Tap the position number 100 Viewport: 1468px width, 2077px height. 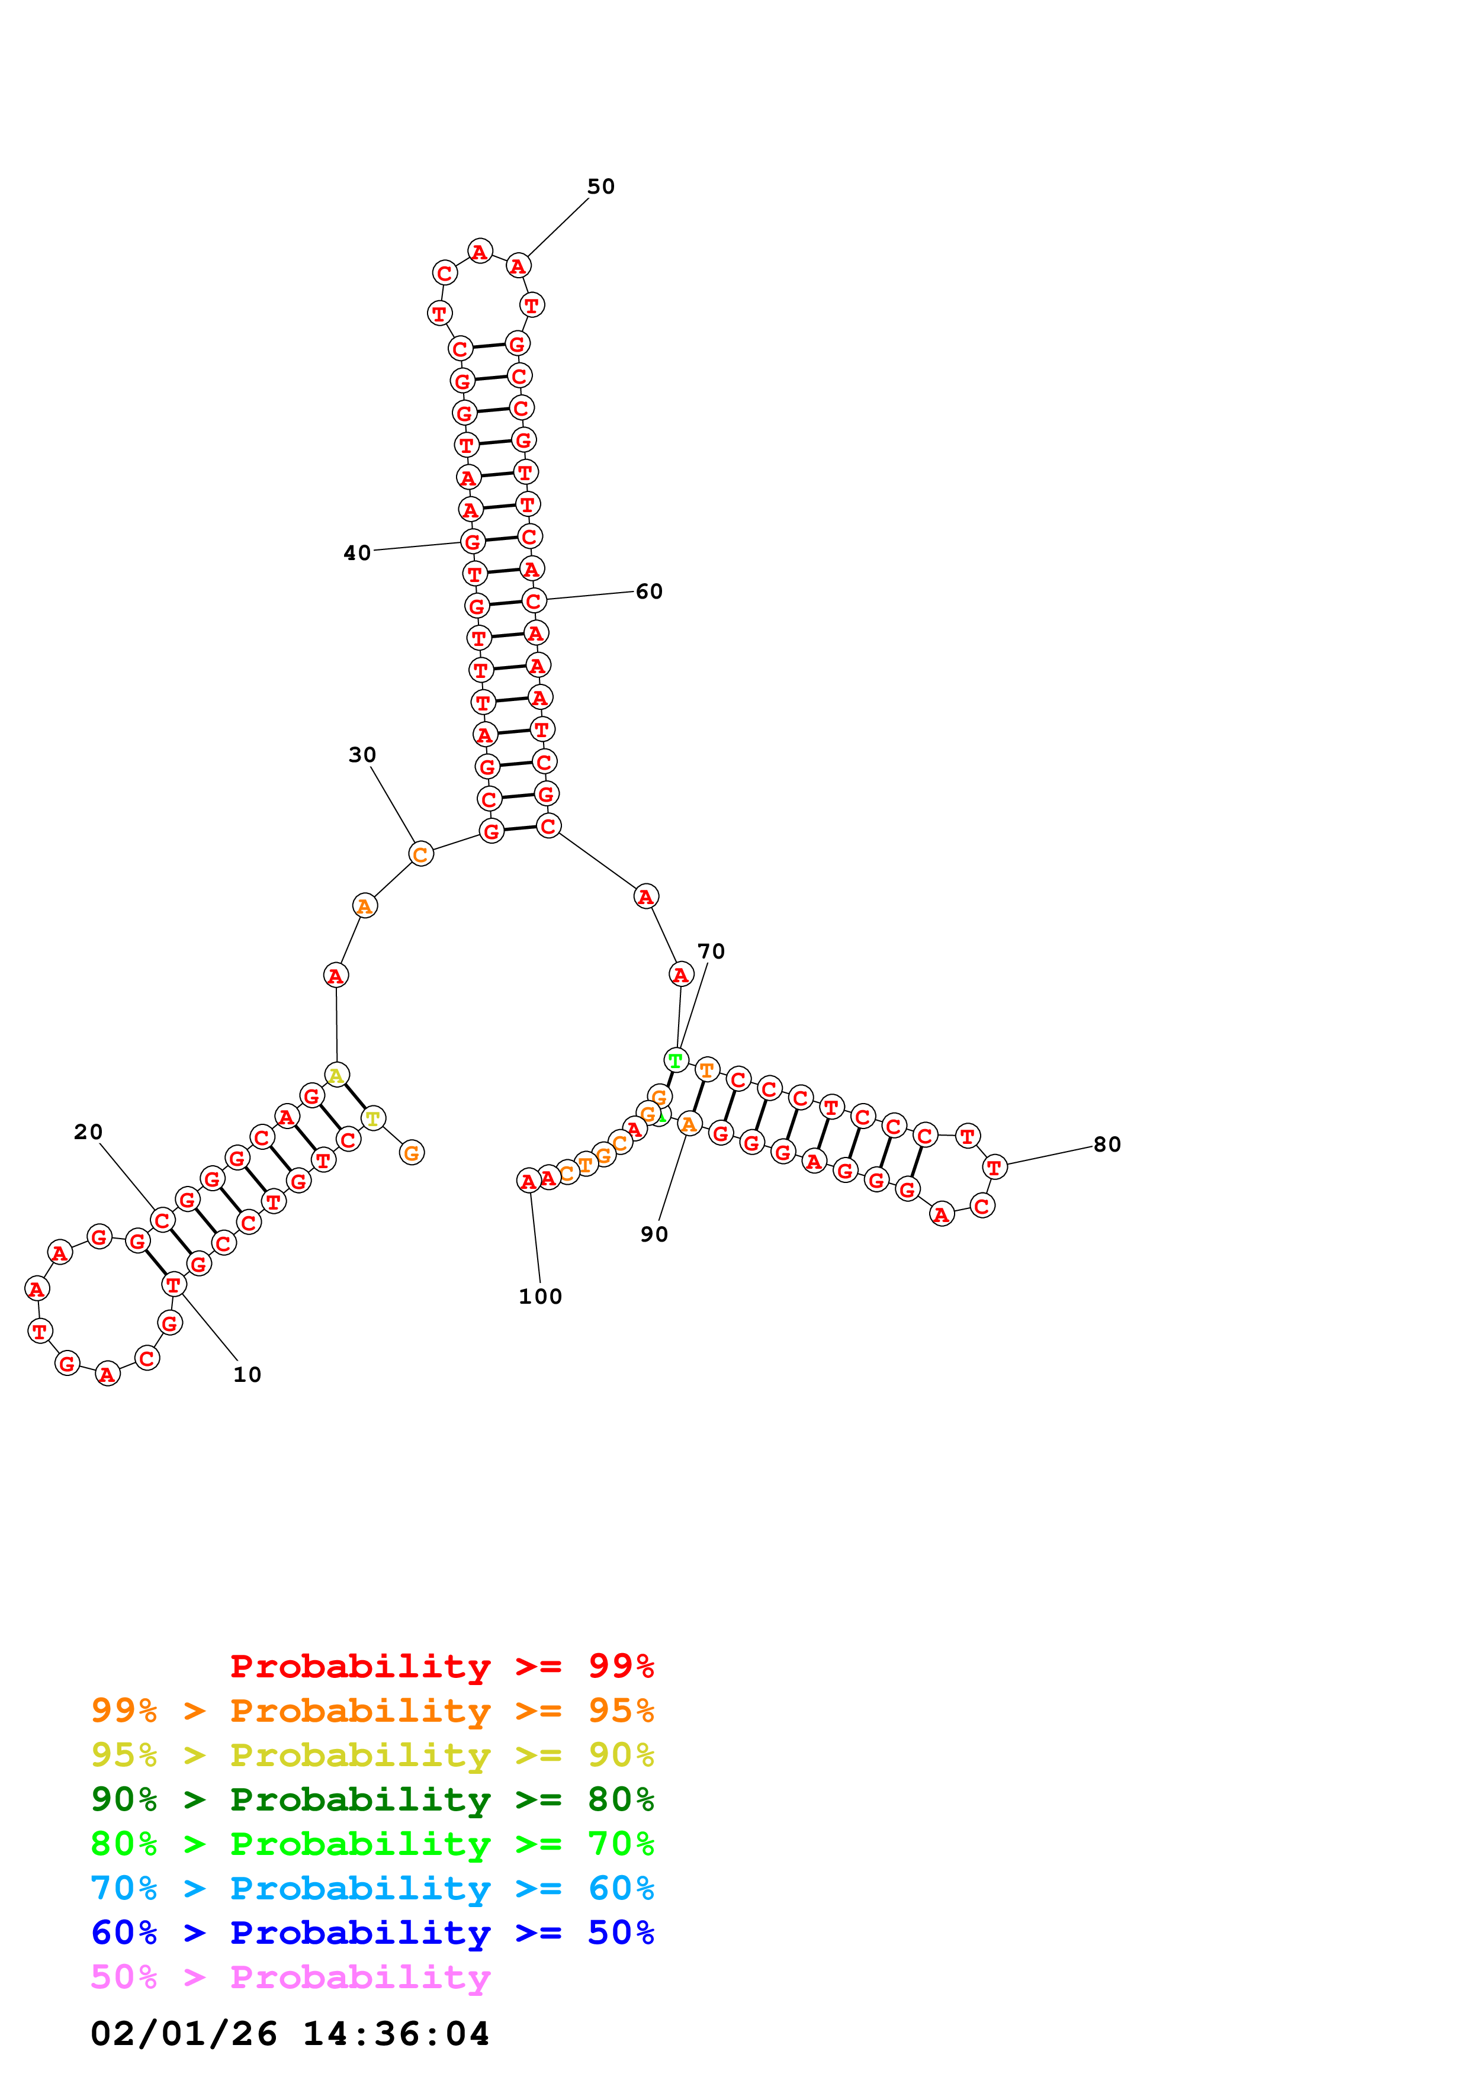[540, 1296]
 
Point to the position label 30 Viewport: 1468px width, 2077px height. [362, 754]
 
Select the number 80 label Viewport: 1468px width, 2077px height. [1107, 1144]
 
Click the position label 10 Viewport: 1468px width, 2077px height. [247, 1374]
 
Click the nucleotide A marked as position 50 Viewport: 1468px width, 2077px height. [518, 266]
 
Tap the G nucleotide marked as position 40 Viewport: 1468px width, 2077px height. [472, 542]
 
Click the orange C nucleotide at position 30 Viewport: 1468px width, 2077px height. [420, 854]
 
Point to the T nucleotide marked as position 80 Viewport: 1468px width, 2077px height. [994, 1167]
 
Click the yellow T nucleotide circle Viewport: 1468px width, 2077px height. [372, 1119]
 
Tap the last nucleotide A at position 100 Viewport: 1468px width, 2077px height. [529, 1181]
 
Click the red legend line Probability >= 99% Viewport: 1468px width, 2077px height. [441, 1666]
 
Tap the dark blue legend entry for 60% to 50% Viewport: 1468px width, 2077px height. [372, 1933]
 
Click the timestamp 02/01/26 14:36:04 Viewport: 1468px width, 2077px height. [290, 2034]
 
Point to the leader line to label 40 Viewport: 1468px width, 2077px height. [417, 545]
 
